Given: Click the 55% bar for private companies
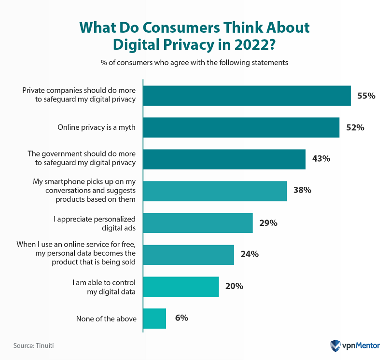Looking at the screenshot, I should click(247, 96).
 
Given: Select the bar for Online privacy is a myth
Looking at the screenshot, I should click(241, 127).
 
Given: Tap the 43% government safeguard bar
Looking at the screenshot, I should click(224, 159).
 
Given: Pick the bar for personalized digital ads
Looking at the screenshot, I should click(198, 223).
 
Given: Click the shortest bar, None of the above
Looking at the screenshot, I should click(154, 318).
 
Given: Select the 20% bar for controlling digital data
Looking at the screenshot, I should click(181, 287).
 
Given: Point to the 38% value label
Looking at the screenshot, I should click(302, 190).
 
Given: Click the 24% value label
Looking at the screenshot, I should click(250, 254).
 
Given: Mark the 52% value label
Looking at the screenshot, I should click(355, 127).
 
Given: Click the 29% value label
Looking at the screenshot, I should click(268, 222).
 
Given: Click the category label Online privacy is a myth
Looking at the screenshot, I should click(97, 127).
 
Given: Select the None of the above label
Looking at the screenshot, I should click(106, 318).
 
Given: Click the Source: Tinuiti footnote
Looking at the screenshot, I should click(33, 346).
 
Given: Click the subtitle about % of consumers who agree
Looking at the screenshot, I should click(194, 63).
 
